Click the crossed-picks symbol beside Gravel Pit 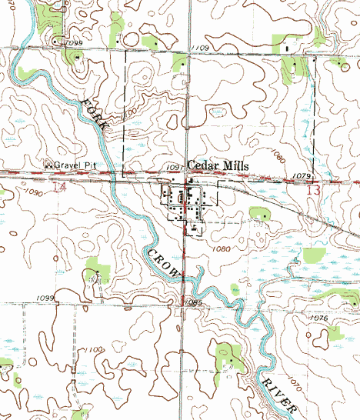48,165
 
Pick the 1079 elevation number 301,176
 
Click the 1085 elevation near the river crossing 192,303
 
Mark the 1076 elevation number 318,318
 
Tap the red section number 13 312,189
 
